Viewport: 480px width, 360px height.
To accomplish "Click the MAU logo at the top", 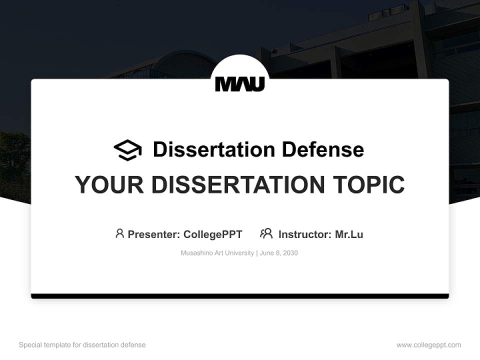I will coord(240,83).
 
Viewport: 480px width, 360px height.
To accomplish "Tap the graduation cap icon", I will coord(127,149).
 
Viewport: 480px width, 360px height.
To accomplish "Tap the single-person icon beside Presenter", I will coord(119,233).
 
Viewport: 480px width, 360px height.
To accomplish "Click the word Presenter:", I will coord(153,234).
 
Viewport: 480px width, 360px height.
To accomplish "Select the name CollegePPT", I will coord(213,234).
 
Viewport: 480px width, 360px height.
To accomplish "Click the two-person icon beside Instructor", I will coord(266,233).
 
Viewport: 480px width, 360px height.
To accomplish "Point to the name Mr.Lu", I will coord(349,234).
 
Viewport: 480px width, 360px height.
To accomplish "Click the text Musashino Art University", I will coord(217,253).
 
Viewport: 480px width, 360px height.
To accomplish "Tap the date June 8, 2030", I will coord(278,253).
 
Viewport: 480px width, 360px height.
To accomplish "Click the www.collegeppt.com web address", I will coord(428,345).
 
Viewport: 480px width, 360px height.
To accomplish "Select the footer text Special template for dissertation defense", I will coord(82,345).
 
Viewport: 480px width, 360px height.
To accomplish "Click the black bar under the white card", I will coord(240,296).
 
